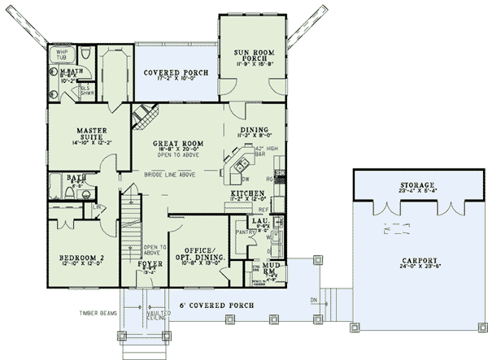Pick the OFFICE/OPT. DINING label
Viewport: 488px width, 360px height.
point(198,254)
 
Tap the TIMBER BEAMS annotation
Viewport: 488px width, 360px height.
point(97,312)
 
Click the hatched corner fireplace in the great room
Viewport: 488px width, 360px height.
point(146,118)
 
